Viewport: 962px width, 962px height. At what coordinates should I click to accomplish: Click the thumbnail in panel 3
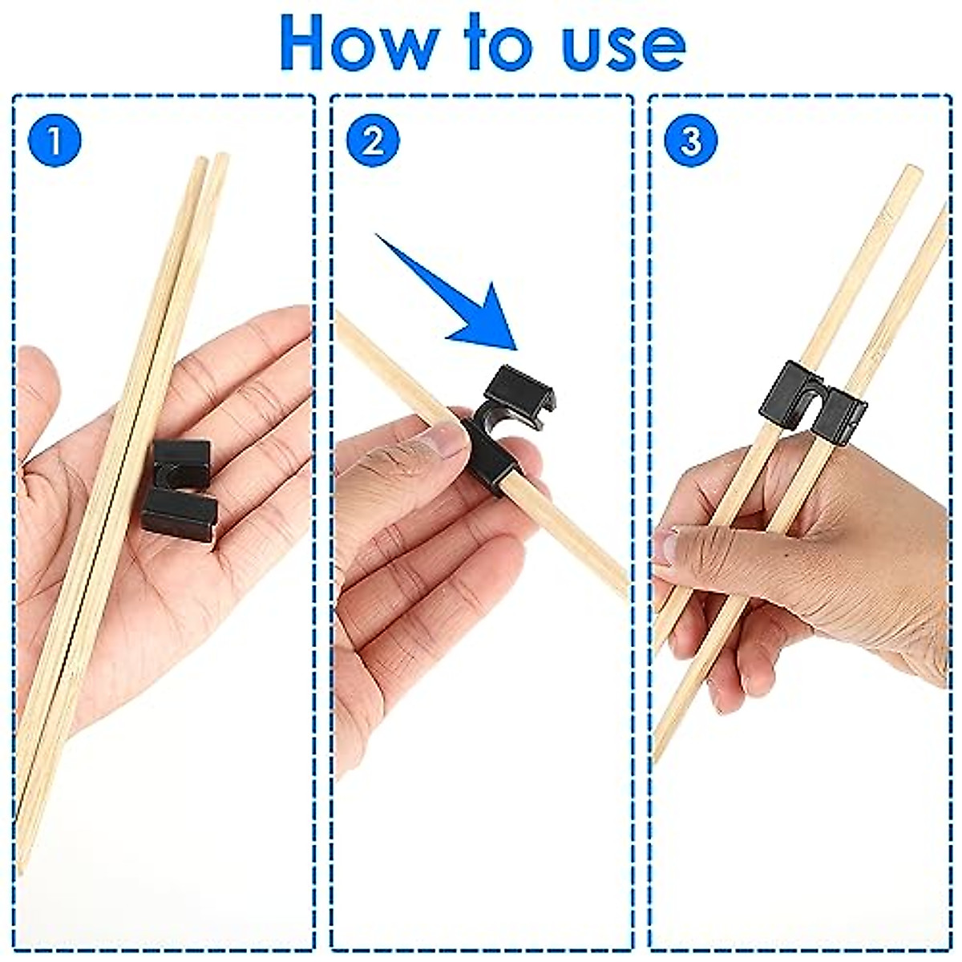[x=665, y=549]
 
